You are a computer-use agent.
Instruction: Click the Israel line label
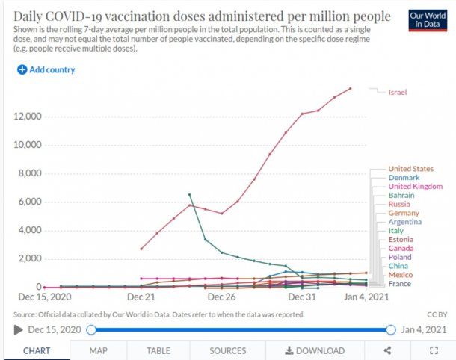[397, 92]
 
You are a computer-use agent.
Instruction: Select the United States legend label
[410, 169]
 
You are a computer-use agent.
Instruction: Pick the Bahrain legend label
[401, 195]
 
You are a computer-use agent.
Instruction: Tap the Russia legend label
[399, 204]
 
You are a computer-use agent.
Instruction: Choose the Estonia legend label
[401, 239]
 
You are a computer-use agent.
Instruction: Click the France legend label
[400, 283]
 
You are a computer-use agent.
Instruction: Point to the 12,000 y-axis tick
[28, 117]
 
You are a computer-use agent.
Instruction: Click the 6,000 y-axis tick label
[31, 202]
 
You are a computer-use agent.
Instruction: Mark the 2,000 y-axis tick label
[31, 258]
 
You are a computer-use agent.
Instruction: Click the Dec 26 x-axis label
[221, 297]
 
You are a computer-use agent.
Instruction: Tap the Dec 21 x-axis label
[141, 297]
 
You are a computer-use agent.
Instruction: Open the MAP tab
[98, 350]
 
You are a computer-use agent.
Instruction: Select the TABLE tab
[158, 350]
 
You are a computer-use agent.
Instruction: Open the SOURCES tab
[227, 350]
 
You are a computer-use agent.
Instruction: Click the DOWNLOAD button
[315, 350]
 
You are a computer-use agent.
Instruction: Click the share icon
[387, 350]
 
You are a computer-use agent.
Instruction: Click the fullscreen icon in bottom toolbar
[434, 350]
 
